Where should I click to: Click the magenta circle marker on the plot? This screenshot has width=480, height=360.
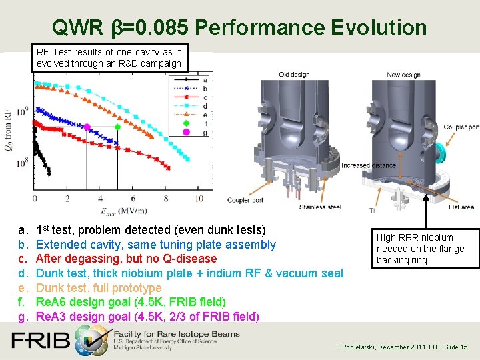point(87,133)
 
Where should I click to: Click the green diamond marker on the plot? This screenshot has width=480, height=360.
point(118,126)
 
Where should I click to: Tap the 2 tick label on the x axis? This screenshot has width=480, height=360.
point(67,198)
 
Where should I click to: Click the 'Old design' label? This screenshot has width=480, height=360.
point(293,75)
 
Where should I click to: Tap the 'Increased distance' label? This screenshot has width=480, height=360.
point(365,165)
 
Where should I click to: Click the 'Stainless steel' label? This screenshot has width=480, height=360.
point(321,207)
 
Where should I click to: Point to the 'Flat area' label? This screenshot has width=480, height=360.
point(460,207)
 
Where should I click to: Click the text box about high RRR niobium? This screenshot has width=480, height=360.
point(425,249)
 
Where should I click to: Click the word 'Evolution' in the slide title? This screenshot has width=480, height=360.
point(377,27)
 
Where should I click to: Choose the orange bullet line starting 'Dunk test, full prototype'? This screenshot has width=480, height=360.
point(98,287)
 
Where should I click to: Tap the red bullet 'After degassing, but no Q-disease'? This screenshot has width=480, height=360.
point(126,259)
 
